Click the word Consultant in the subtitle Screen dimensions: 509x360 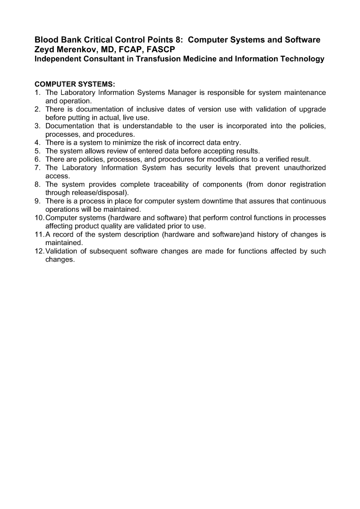click(111, 59)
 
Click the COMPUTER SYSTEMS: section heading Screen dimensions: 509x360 click(75, 84)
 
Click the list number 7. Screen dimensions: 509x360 click(37, 168)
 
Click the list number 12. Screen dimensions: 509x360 click(39, 252)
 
